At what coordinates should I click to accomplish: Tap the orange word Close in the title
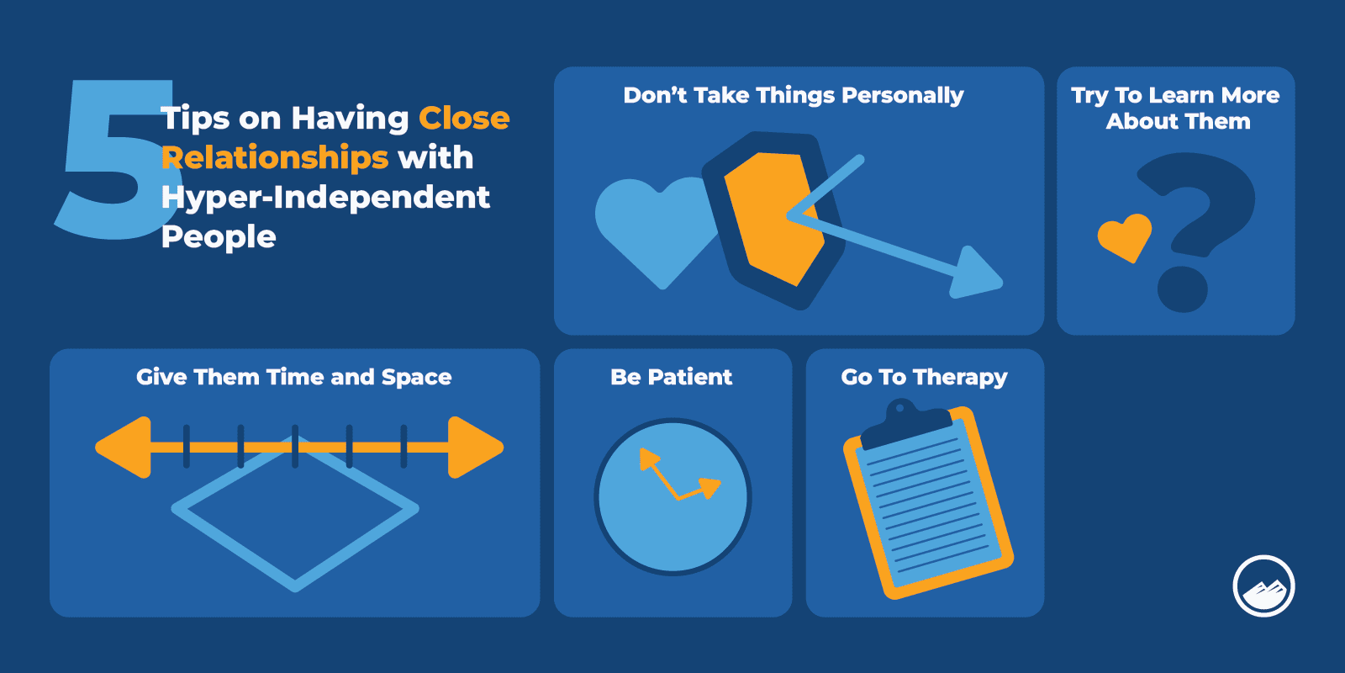click(464, 119)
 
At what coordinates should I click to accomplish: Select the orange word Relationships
click(275, 158)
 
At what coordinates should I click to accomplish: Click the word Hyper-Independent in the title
click(325, 198)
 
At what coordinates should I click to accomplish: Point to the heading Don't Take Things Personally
click(793, 95)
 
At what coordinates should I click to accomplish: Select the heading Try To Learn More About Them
click(1176, 108)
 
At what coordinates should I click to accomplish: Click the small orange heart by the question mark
click(1125, 235)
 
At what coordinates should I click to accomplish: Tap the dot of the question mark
click(1183, 289)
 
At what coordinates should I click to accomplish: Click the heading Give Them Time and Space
click(294, 377)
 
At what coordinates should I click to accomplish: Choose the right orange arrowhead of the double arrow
click(475, 448)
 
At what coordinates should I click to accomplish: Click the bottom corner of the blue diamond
click(295, 585)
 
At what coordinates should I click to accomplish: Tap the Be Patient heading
click(672, 377)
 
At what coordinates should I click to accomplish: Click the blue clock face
click(672, 522)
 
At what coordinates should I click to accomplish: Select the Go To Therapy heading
click(924, 377)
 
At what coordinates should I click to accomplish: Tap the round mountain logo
click(1263, 586)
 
